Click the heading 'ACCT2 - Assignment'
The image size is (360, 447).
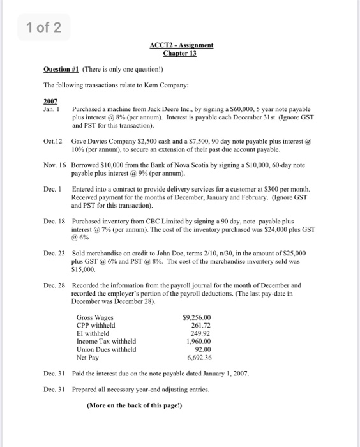coord(181,45)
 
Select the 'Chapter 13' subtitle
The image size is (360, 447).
coord(181,53)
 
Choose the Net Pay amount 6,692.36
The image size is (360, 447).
coord(197,358)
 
